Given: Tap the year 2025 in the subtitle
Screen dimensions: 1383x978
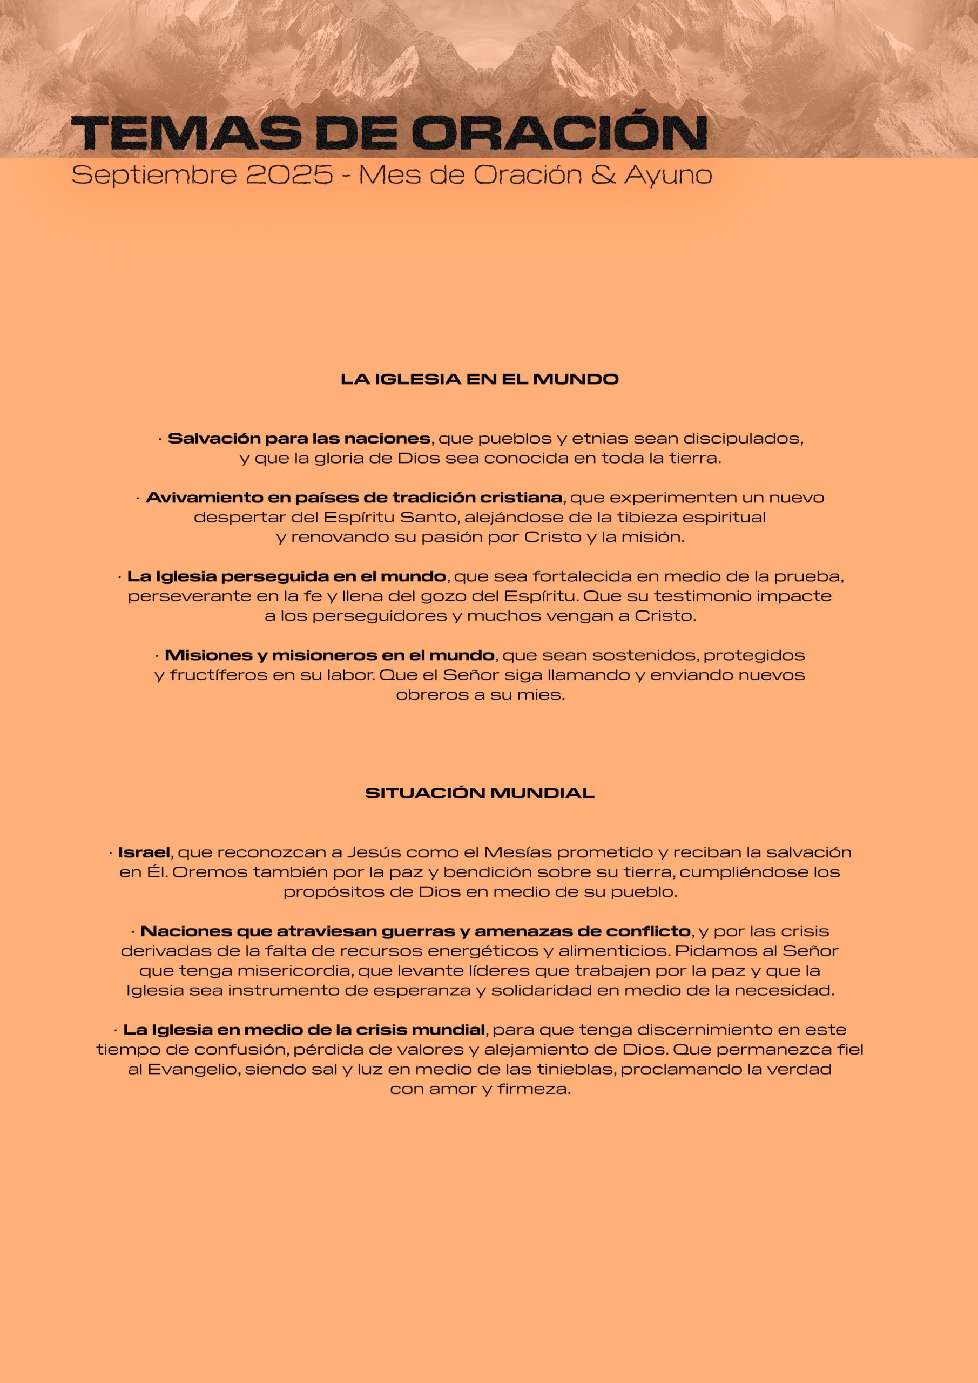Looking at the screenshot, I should coord(289,175).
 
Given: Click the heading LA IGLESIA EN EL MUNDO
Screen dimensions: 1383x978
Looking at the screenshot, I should coord(480,379).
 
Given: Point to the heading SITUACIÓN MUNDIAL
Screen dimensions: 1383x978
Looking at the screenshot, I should coord(480,793).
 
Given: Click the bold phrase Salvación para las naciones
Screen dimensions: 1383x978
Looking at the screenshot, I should coord(299,439).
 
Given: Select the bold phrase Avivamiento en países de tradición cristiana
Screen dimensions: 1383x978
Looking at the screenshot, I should coord(354,498).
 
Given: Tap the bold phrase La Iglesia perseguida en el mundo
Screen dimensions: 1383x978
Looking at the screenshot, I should coord(286,576).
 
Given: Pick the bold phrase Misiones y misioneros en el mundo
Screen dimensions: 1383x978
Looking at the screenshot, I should coord(329,655).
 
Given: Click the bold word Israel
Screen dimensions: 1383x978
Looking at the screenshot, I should coord(144,852).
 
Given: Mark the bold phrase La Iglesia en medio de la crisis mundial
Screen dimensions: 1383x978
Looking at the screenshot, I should coord(304,1030).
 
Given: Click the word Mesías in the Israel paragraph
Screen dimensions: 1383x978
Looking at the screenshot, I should coord(518,852).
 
